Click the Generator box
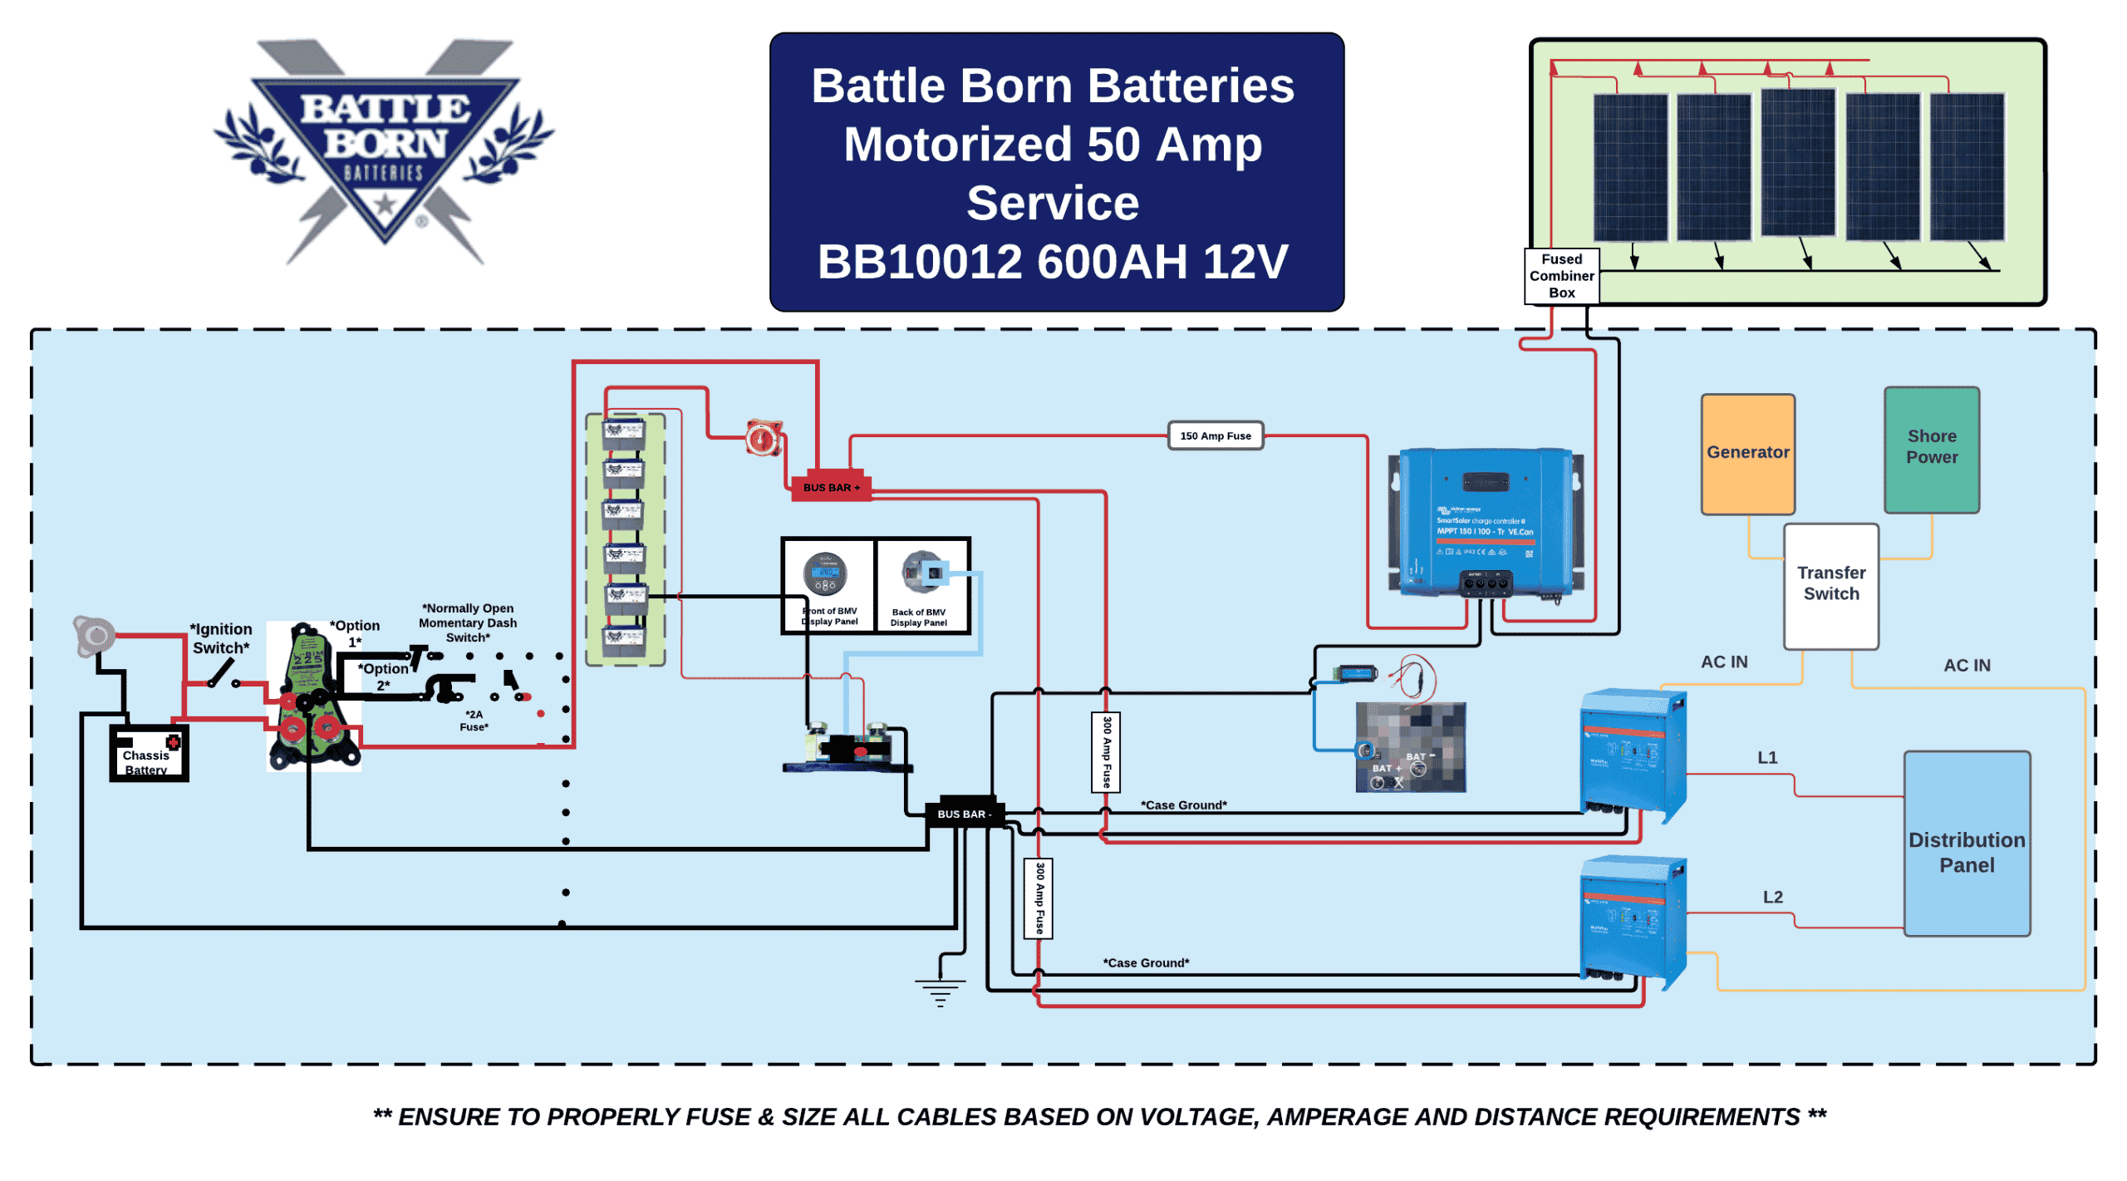(1746, 454)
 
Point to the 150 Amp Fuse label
(1215, 435)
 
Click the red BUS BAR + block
(830, 487)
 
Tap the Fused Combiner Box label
(1560, 275)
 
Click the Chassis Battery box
(148, 753)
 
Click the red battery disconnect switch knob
(762, 438)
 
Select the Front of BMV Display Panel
(828, 586)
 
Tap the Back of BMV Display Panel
(921, 586)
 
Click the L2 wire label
(1771, 897)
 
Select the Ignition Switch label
(220, 637)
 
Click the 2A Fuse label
(474, 720)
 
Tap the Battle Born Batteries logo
(384, 150)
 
